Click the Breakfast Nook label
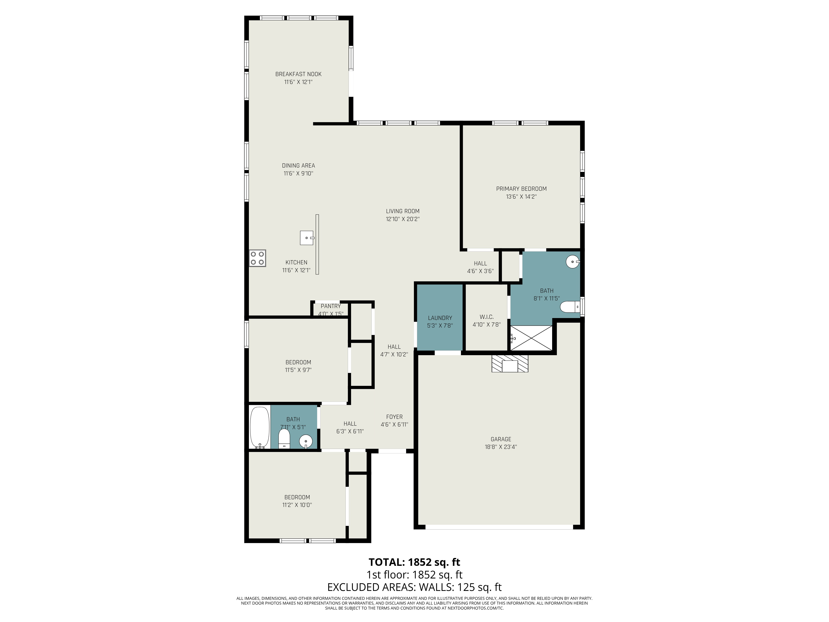(298, 74)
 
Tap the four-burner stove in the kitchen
(257, 258)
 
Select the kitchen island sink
(307, 238)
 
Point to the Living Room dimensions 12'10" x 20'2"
(402, 219)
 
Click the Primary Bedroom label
(521, 189)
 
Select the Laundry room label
(440, 318)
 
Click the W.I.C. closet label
(486, 317)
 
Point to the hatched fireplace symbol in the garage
(510, 364)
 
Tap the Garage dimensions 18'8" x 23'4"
(501, 447)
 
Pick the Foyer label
(394, 417)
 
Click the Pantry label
(331, 306)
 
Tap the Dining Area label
(298, 165)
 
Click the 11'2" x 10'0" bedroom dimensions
(297, 505)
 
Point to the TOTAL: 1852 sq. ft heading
(414, 562)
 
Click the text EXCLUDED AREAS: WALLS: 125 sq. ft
(414, 587)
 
